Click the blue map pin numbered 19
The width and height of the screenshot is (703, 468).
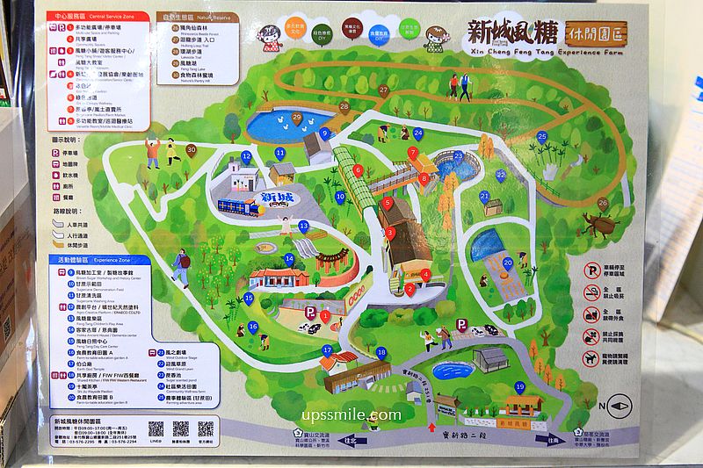click(519, 387)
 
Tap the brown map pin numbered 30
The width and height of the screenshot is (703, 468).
click(191, 150)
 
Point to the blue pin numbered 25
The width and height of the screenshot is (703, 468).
click(542, 137)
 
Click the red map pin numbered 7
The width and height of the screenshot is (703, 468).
click(412, 153)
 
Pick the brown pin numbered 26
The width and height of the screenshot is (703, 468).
click(602, 203)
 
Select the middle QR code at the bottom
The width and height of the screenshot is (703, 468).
click(181, 428)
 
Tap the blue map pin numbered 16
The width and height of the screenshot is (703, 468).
click(253, 328)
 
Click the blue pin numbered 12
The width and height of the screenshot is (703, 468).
click(246, 157)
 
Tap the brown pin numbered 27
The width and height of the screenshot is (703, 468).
click(383, 90)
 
